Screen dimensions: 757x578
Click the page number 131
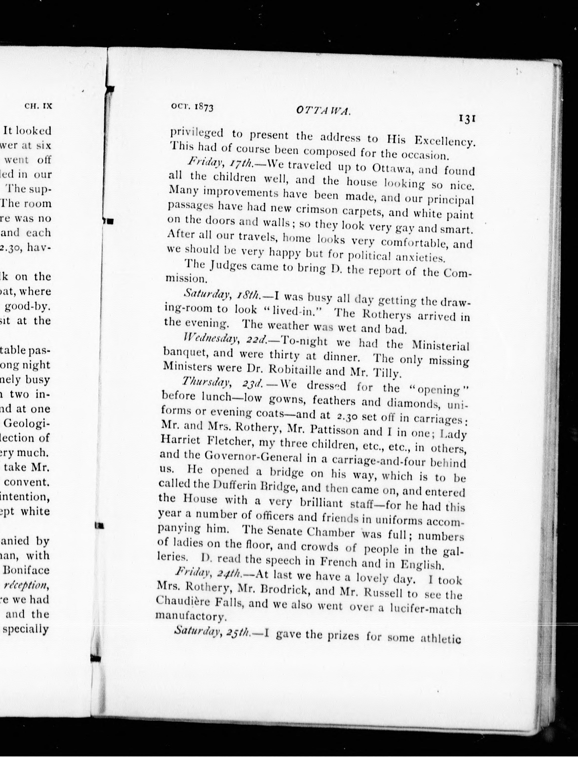(466, 119)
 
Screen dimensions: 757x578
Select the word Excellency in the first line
(444, 141)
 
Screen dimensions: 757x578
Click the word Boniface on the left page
(26, 570)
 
